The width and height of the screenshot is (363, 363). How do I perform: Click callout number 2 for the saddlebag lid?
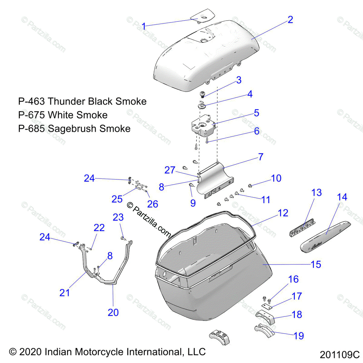(x=290, y=20)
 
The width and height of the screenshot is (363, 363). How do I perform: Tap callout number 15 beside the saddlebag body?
(x=316, y=264)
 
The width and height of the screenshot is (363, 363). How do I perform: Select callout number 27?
(x=170, y=170)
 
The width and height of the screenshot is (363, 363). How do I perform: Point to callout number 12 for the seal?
(x=283, y=213)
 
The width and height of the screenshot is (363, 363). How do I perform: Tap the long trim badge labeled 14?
(x=325, y=237)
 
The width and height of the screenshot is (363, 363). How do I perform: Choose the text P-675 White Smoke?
(x=63, y=115)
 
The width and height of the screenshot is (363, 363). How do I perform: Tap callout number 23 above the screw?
(x=118, y=217)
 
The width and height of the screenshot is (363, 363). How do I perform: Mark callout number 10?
(x=276, y=178)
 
